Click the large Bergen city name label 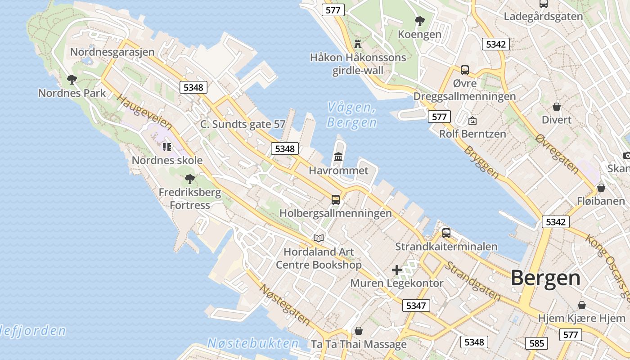pyautogui.click(x=545, y=278)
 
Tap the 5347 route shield pyautogui.click(x=416, y=306)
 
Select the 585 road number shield pyautogui.click(x=536, y=343)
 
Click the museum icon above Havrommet pyautogui.click(x=338, y=157)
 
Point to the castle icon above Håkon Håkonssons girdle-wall pyautogui.click(x=358, y=44)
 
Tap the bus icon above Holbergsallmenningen pyautogui.click(x=335, y=199)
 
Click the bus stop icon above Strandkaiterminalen pyautogui.click(x=446, y=233)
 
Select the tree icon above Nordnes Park pyautogui.click(x=72, y=80)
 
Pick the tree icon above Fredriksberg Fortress pyautogui.click(x=190, y=179)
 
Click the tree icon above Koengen pyautogui.click(x=419, y=21)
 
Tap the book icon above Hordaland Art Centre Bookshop pyautogui.click(x=319, y=238)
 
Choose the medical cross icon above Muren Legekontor pyautogui.click(x=396, y=270)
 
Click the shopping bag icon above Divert pyautogui.click(x=557, y=106)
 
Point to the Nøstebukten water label pyautogui.click(x=253, y=343)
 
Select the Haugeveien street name pyautogui.click(x=144, y=112)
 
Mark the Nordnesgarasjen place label pyautogui.click(x=112, y=52)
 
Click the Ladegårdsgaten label pyautogui.click(x=543, y=17)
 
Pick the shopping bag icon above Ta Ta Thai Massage pyautogui.click(x=359, y=331)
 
